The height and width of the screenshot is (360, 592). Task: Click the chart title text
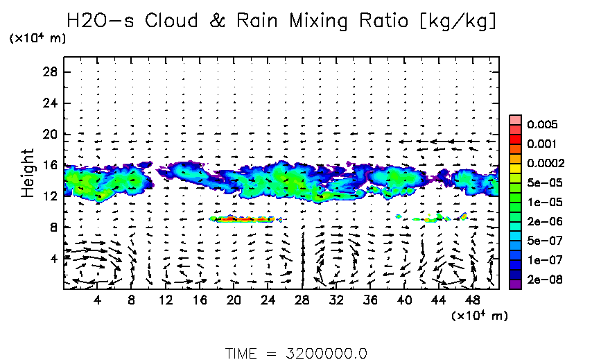pyautogui.click(x=281, y=21)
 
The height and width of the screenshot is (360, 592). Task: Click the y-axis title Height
pyautogui.click(x=28, y=172)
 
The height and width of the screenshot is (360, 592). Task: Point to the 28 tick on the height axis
pyautogui.click(x=49, y=72)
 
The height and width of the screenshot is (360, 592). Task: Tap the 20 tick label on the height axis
pyautogui.click(x=49, y=134)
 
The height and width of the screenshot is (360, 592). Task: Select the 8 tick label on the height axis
pyautogui.click(x=53, y=227)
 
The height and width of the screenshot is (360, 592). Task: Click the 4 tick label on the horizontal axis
pyautogui.click(x=97, y=301)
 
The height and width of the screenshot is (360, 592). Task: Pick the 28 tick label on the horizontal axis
pyautogui.click(x=302, y=301)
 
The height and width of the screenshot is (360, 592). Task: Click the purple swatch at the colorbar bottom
pyautogui.click(x=514, y=282)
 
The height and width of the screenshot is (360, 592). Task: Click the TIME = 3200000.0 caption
pyautogui.click(x=296, y=353)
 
